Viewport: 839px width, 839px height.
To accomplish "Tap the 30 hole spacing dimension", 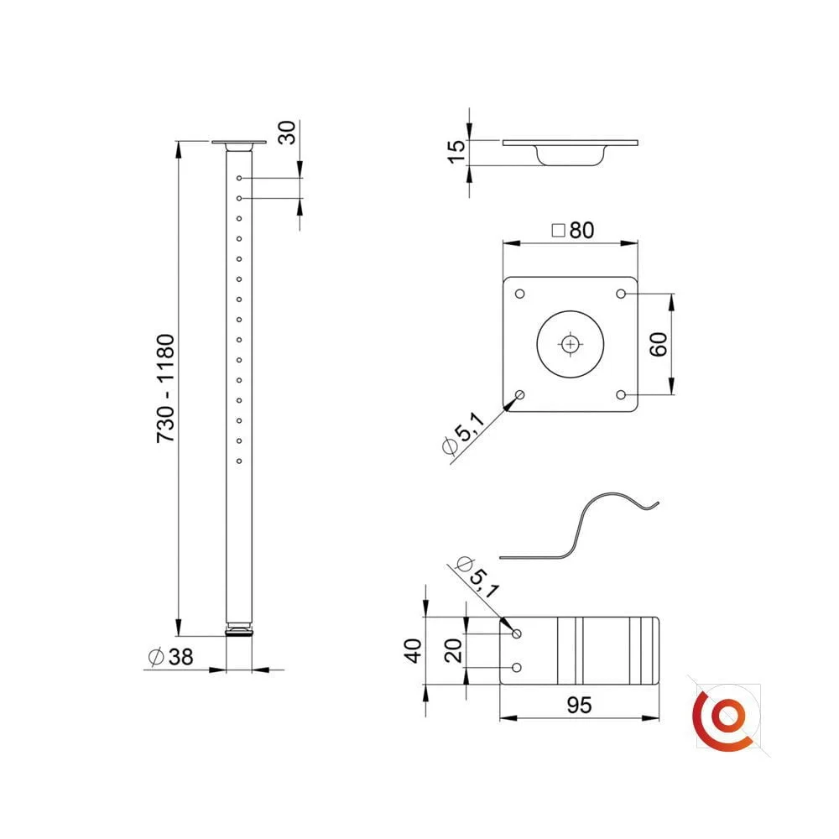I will coord(287,132).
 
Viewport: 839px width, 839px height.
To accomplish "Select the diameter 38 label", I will coord(170,658).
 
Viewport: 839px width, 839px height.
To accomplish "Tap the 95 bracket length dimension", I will coord(578,706).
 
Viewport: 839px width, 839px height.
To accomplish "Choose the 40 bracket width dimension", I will coord(413,650).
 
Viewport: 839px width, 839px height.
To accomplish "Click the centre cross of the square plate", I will coord(571,344).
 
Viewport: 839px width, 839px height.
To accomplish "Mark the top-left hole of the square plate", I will coord(520,294).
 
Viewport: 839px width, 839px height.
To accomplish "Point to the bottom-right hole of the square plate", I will coord(622,394).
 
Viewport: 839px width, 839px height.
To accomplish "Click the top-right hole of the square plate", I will coord(622,294).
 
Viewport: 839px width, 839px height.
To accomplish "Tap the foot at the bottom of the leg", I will coord(240,628).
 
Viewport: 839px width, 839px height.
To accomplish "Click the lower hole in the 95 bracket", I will coord(517,667).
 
